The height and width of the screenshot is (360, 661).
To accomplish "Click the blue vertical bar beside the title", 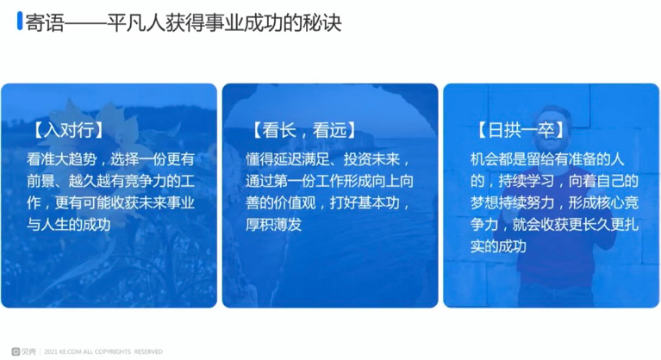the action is click(20, 21).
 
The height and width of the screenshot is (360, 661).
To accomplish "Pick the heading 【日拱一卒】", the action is click(521, 130).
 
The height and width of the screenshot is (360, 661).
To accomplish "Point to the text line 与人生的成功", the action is click(69, 225).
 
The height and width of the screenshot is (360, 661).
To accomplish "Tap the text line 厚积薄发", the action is click(273, 225).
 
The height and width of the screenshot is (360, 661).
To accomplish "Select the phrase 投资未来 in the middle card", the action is click(371, 159).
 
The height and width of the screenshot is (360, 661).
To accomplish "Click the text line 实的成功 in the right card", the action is click(498, 246).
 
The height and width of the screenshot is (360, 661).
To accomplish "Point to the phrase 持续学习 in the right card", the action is click(526, 181).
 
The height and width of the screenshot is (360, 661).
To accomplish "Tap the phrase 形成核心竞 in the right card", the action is click(603, 203).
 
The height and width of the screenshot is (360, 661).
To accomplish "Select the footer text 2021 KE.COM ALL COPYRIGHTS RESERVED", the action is click(103, 351).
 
